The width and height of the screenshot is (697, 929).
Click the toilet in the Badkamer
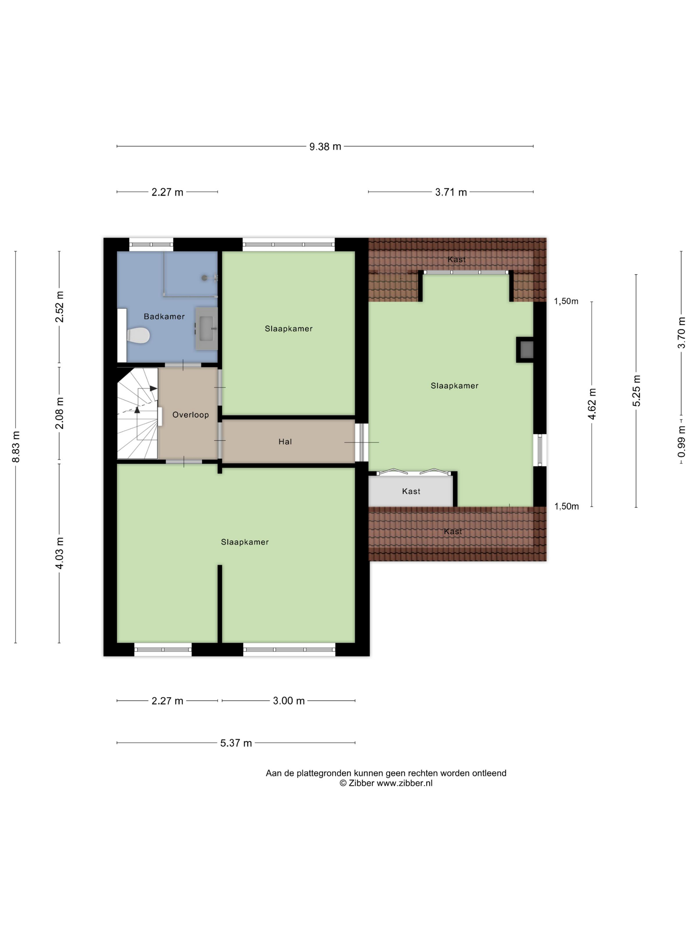(138, 335)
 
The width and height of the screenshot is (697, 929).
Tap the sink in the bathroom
(206, 328)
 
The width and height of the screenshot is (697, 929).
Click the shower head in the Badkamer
(204, 278)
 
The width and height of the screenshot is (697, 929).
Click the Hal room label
(285, 441)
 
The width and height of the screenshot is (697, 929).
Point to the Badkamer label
(164, 316)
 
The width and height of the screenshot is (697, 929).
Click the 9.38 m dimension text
(325, 147)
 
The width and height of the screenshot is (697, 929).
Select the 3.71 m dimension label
(451, 192)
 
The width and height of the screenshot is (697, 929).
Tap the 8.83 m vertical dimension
(16, 447)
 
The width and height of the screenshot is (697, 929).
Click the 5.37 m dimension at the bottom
(236, 743)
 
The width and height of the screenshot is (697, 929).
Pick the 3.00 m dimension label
(289, 700)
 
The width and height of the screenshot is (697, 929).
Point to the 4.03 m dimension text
(59, 553)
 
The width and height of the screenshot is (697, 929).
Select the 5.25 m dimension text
(637, 391)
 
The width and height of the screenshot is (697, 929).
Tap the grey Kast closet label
(411, 491)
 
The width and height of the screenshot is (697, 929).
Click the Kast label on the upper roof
(456, 259)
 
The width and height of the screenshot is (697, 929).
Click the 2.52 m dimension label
(59, 307)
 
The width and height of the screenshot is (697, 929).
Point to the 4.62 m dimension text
(592, 403)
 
